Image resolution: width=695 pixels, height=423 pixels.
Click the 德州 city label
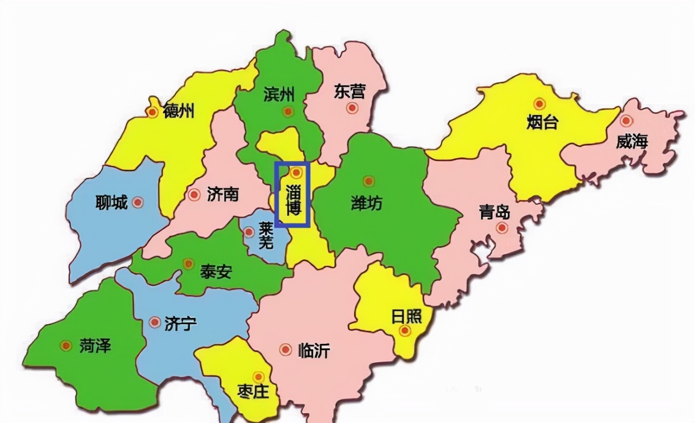coord(179,112)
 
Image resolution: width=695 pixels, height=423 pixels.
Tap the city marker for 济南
coord(194,195)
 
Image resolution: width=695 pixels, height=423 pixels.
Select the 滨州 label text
coord(279,95)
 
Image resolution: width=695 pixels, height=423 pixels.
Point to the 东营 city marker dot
coord(352,108)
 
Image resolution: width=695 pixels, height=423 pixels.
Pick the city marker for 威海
coord(626,121)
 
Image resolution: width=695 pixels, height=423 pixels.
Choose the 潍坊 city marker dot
coord(369,181)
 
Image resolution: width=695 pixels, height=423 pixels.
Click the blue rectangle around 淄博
coord(292,194)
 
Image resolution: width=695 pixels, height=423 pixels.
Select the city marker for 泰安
coord(188,264)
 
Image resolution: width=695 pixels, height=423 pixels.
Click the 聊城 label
coord(111,203)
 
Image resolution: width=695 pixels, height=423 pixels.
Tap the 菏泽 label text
coord(96,345)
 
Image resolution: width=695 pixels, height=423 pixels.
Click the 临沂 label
coord(314,351)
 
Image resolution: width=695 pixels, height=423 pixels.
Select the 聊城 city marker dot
coord(138,202)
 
